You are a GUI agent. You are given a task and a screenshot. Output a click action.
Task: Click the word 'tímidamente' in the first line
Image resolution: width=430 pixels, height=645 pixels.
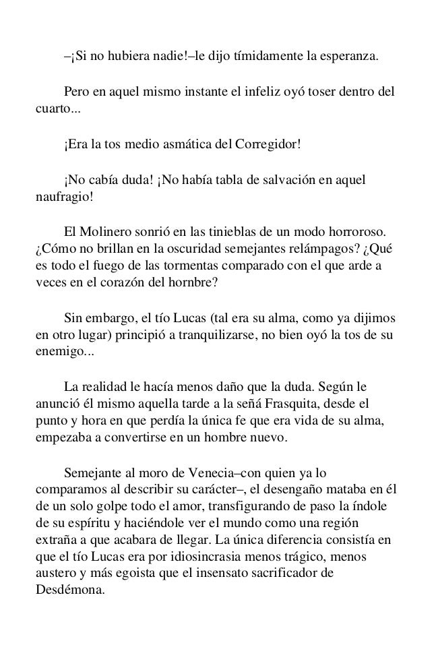(250, 55)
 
